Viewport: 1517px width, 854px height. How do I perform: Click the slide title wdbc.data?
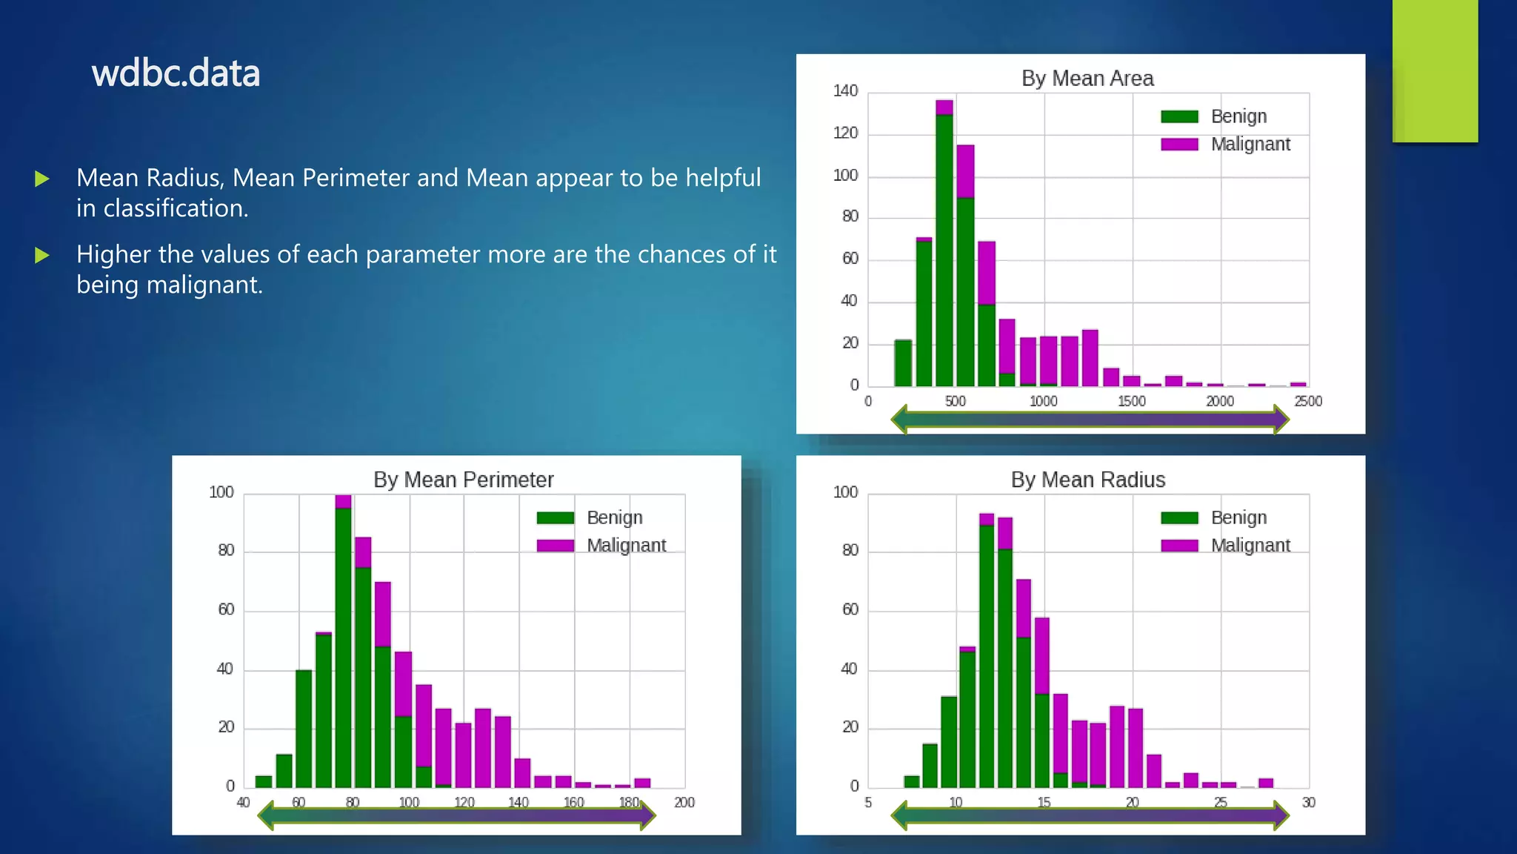[176, 73]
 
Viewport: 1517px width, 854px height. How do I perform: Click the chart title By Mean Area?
[1087, 79]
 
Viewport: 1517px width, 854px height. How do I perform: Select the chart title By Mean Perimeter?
[463, 480]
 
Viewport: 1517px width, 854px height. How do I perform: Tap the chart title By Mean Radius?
[1087, 480]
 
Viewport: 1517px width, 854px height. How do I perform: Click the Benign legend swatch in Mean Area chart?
[1179, 116]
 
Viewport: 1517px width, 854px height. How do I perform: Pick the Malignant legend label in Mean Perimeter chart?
[626, 546]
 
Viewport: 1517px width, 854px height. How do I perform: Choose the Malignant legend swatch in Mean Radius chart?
[1179, 546]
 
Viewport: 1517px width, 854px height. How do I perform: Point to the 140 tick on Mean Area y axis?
[845, 91]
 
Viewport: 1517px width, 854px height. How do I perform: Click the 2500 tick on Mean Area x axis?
[1307, 401]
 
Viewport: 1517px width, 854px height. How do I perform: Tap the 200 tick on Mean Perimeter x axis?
[684, 802]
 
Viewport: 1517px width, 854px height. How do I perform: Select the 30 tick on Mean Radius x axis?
[1308, 802]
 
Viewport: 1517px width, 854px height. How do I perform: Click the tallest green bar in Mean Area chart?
[944, 250]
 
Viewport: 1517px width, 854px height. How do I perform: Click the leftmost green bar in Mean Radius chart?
[912, 781]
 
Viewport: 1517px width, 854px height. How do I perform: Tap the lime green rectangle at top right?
[1435, 70]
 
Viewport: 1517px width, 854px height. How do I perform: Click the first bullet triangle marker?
[42, 179]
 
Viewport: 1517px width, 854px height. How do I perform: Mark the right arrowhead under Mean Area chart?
[1280, 419]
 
